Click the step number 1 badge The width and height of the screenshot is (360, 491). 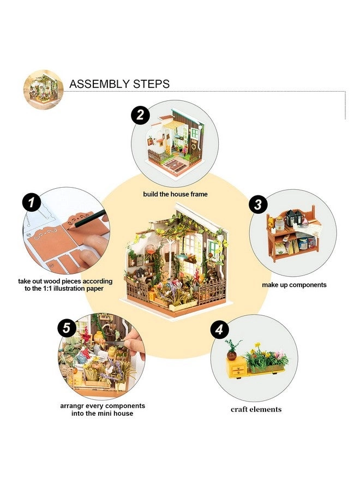click(32, 202)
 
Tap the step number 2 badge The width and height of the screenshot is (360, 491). click(140, 115)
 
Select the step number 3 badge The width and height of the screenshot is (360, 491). click(258, 205)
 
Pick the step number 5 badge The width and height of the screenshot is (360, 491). click(67, 328)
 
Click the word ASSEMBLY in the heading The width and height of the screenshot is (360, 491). click(99, 84)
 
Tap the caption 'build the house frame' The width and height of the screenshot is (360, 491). click(175, 194)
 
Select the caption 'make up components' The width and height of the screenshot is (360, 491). click(294, 285)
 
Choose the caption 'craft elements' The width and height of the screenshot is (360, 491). click(256, 409)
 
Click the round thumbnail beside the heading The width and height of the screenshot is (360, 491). click(43, 89)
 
